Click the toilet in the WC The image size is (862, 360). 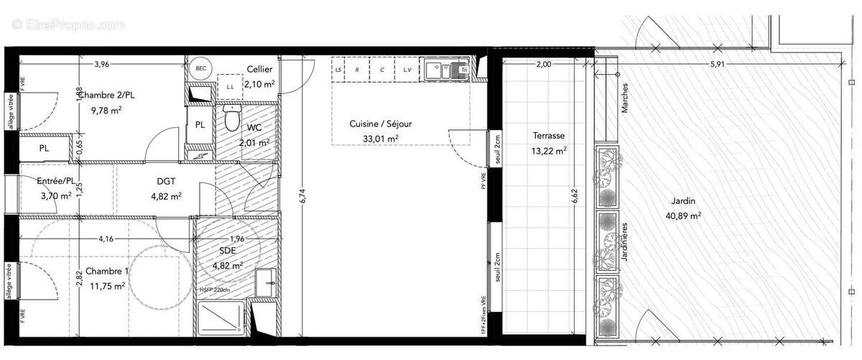click(x=231, y=118)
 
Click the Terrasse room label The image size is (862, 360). click(x=548, y=135)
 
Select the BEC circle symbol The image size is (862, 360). click(x=200, y=68)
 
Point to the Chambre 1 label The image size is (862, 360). click(x=107, y=271)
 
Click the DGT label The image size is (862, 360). click(x=166, y=182)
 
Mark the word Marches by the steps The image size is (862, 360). click(x=626, y=96)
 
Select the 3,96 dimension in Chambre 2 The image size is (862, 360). click(x=101, y=65)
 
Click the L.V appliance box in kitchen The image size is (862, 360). click(x=407, y=70)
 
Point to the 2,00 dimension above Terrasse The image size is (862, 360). click(x=544, y=65)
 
